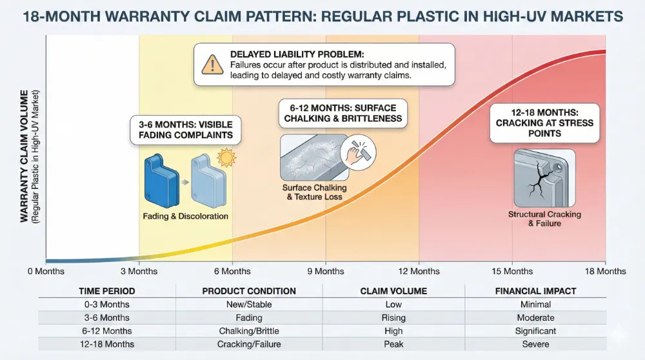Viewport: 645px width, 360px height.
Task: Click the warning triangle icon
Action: pos(211,65)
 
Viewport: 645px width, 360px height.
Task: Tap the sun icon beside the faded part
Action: pos(225,158)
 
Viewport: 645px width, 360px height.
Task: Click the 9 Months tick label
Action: pos(325,271)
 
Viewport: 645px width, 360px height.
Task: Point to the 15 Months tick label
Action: pos(513,271)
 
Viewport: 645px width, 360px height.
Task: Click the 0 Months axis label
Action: pos(46,271)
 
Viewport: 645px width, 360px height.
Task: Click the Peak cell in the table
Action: pos(393,344)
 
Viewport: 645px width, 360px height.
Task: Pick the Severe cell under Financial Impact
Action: pos(535,344)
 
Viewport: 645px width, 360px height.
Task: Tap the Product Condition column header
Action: pos(249,291)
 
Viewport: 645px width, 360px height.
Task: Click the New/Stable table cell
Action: pos(249,305)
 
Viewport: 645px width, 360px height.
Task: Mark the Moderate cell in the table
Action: pos(535,318)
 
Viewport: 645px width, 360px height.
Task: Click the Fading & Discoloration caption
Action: pos(185,216)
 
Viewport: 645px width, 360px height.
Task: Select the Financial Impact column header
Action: pos(535,291)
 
